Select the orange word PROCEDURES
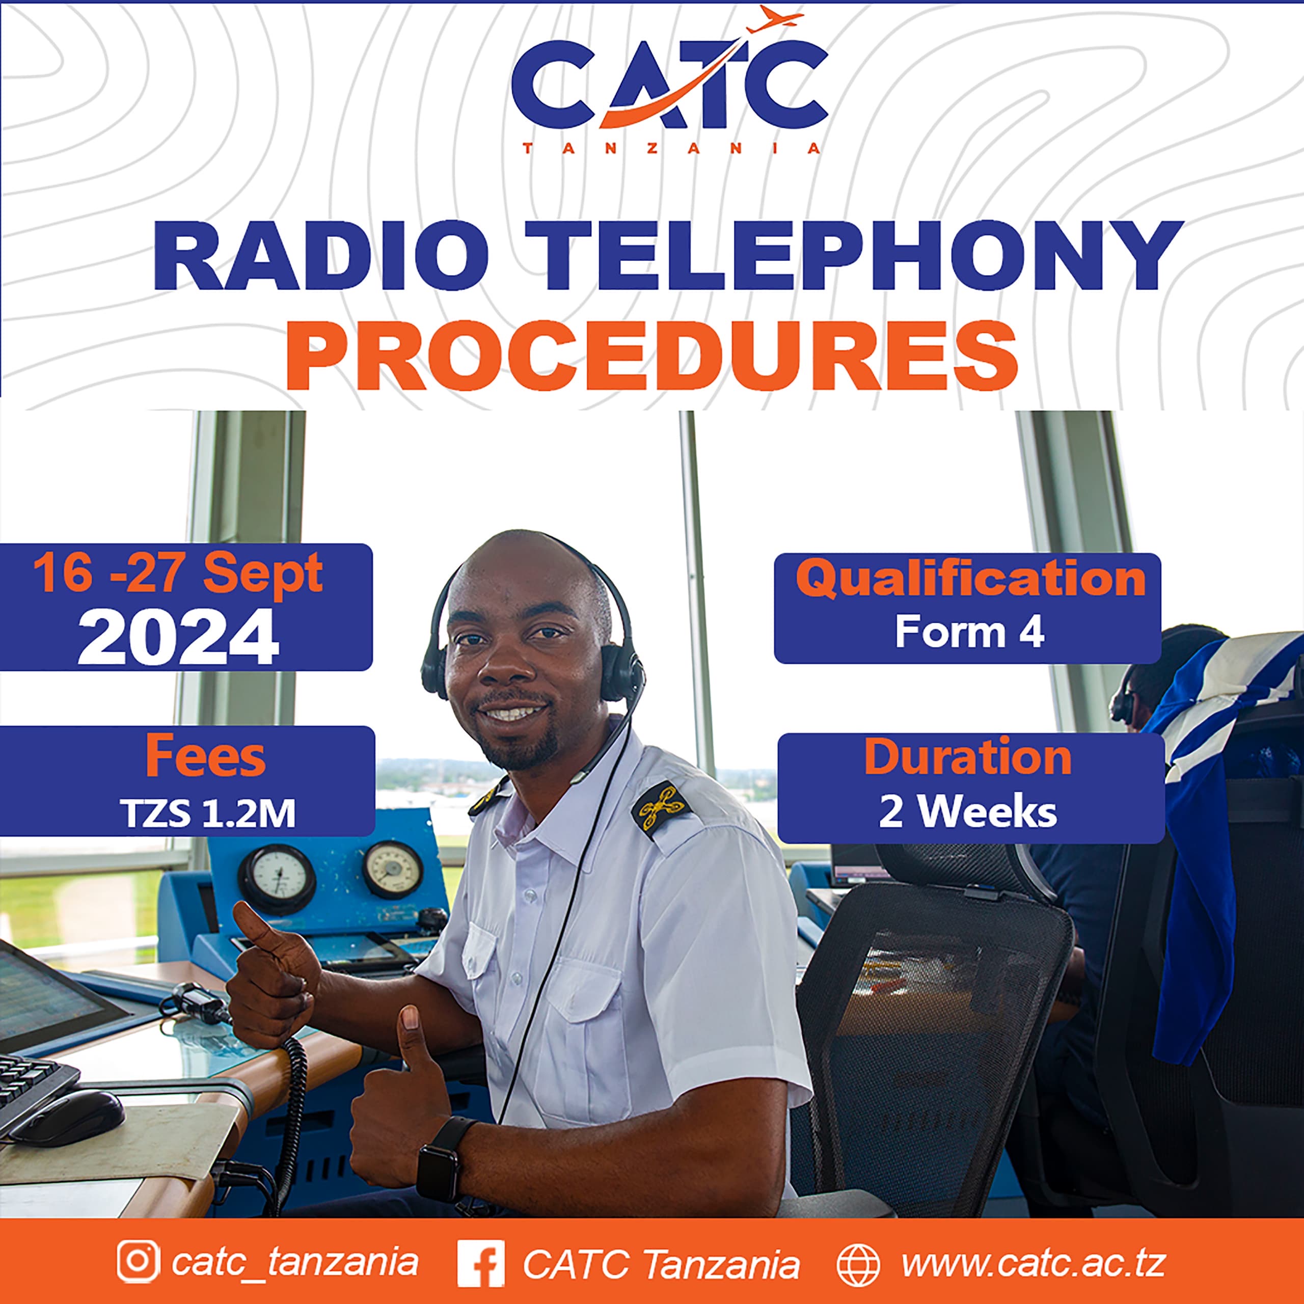point(651,356)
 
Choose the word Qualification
point(970,579)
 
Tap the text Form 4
point(970,633)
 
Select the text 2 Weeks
point(968,812)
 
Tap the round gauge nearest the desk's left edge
point(277,878)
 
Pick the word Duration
point(968,757)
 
